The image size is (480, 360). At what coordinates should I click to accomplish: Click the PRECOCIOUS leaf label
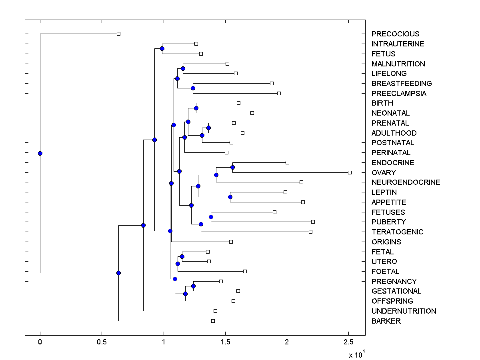click(396, 34)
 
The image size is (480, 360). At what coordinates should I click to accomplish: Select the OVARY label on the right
click(384, 173)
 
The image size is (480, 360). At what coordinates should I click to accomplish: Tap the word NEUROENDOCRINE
click(406, 182)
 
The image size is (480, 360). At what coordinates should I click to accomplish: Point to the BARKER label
click(386, 321)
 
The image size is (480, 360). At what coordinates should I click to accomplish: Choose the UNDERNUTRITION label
click(404, 311)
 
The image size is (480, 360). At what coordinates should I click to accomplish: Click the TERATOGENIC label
click(397, 232)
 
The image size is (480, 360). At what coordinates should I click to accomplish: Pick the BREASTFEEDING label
click(402, 84)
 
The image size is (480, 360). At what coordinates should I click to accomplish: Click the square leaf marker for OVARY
click(350, 172)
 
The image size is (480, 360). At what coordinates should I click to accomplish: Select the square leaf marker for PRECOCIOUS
click(118, 34)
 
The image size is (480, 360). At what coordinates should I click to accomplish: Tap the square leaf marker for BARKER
click(213, 321)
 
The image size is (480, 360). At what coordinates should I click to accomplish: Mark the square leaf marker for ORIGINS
click(231, 242)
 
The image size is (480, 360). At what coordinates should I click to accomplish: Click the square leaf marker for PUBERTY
click(313, 222)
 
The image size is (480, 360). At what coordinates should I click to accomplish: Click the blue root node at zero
click(40, 153)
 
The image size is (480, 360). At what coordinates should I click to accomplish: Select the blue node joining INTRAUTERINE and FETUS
click(162, 49)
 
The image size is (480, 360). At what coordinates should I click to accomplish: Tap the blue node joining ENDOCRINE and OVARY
click(232, 167)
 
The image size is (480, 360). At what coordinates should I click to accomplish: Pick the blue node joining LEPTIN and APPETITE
click(230, 197)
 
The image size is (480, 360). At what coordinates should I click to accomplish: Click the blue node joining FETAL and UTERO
click(182, 256)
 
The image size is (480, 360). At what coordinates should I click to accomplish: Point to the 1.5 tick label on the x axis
click(225, 342)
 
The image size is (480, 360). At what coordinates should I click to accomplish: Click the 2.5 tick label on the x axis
click(348, 342)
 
